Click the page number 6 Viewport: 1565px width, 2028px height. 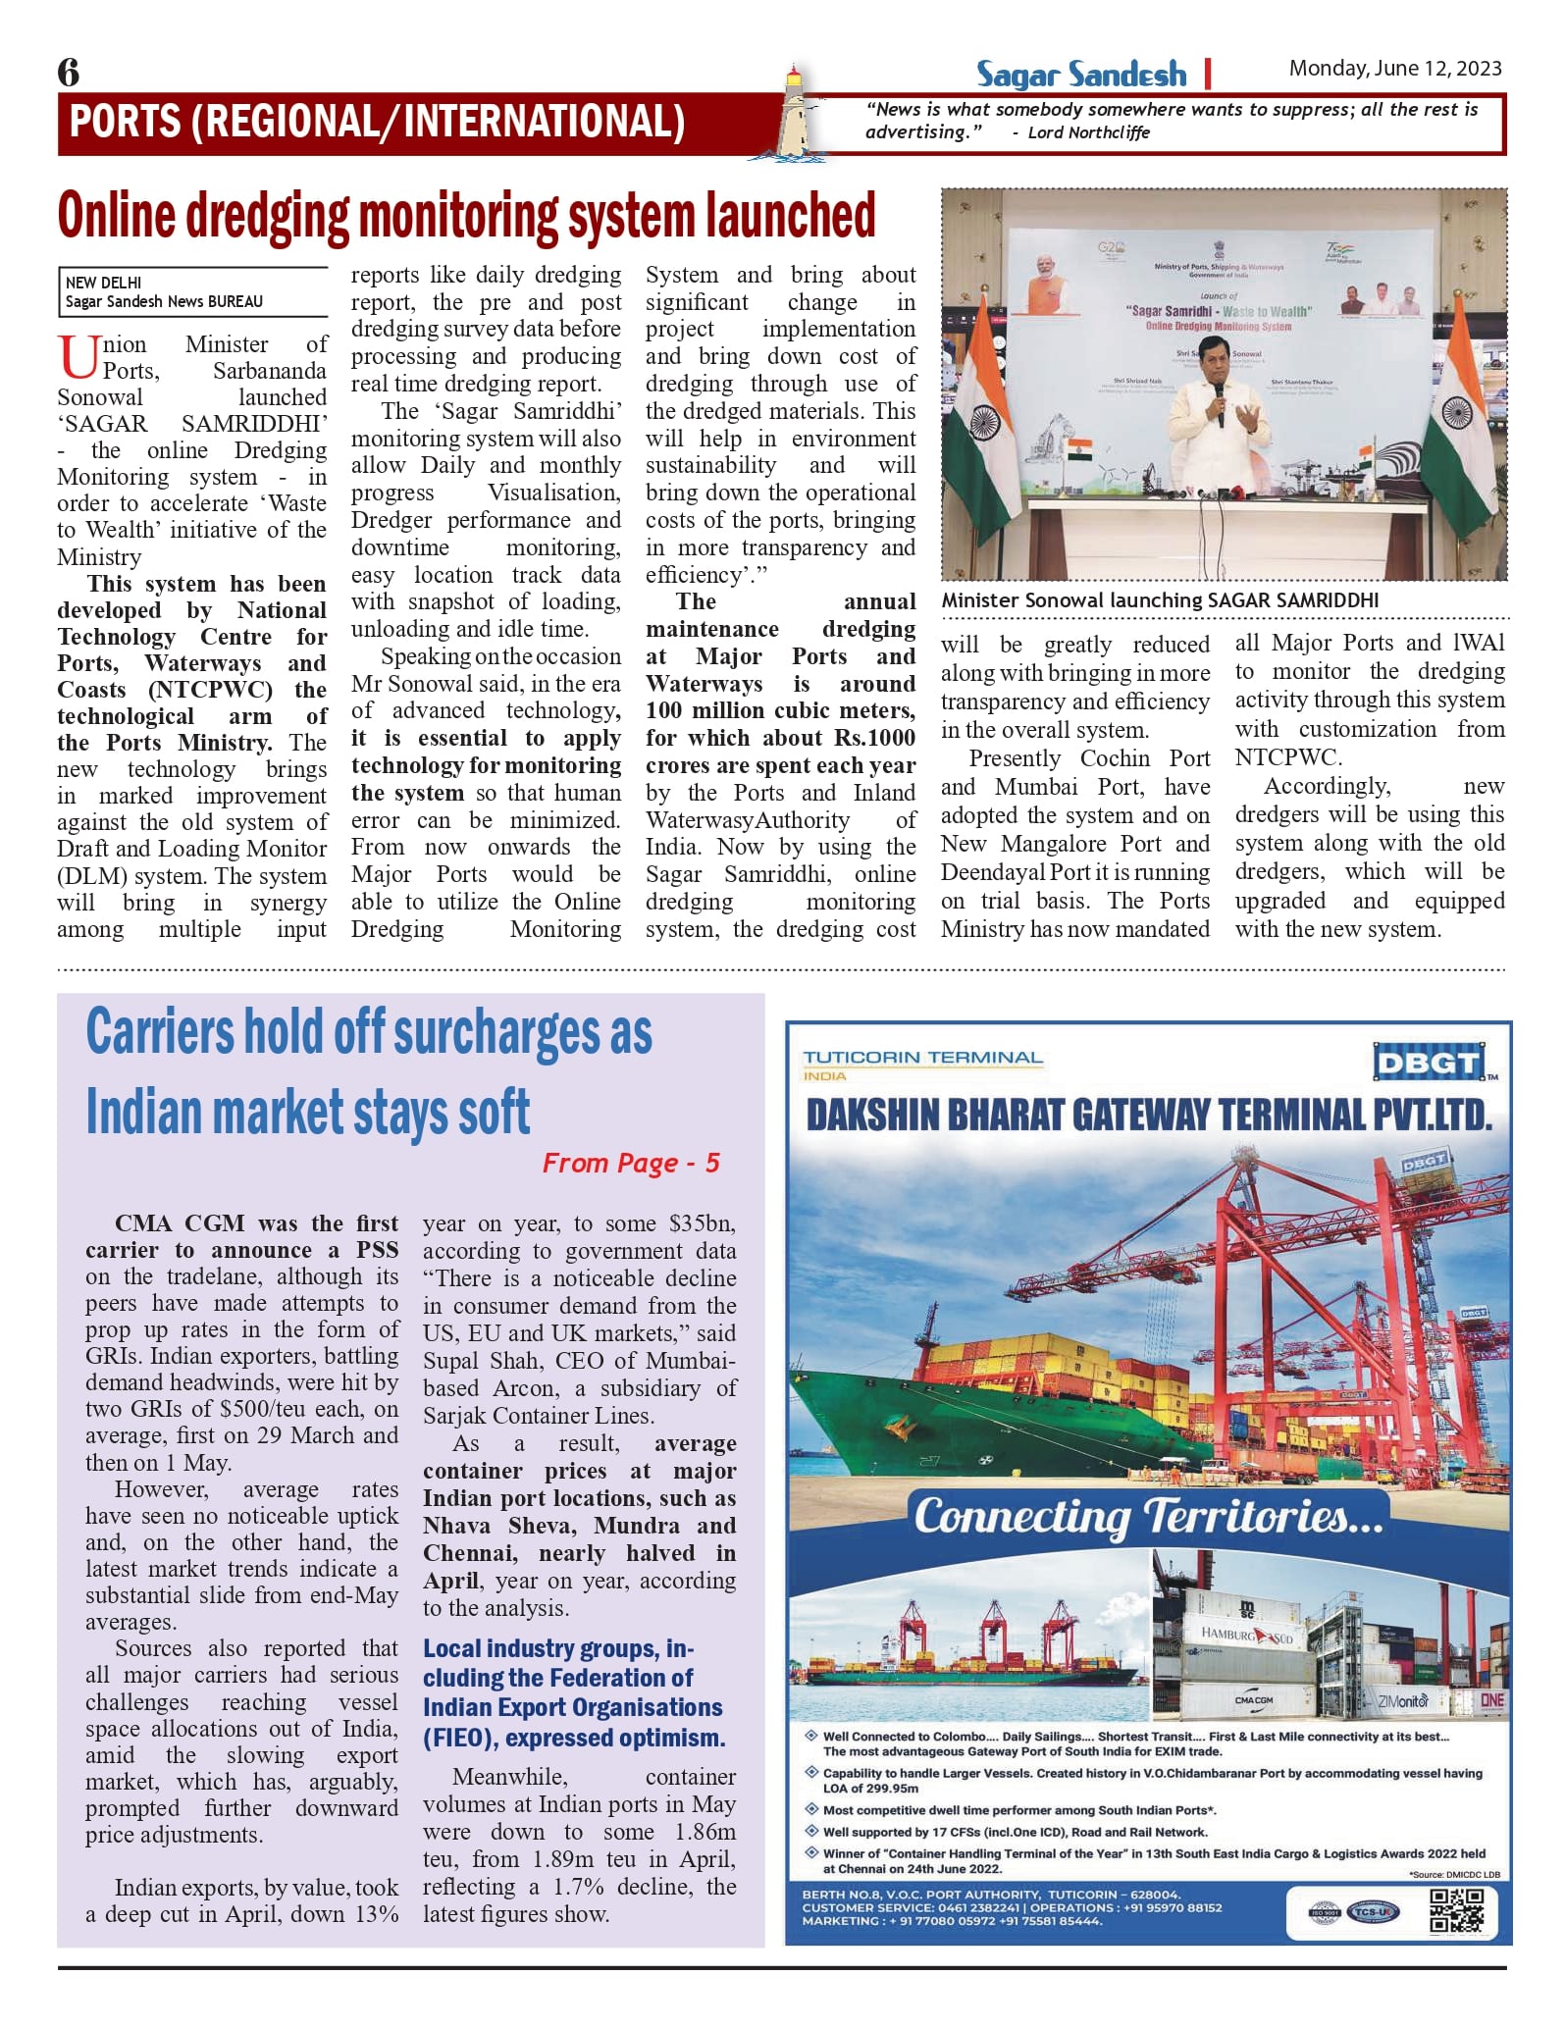69,73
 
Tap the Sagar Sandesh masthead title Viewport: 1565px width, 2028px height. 1080,75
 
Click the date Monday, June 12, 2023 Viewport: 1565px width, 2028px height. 1394,68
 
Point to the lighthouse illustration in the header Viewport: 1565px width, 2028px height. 793,113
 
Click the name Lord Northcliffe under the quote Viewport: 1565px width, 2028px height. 1088,132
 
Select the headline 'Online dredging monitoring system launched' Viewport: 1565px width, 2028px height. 466,216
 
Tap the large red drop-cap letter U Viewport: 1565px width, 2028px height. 78,357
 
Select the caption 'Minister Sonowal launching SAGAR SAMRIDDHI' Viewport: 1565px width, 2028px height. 1159,600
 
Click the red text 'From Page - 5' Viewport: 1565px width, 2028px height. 631,1164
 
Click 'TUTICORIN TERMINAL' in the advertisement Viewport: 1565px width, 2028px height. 922,1058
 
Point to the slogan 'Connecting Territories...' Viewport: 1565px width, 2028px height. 1148,1517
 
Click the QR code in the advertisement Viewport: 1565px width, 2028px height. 1457,1909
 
